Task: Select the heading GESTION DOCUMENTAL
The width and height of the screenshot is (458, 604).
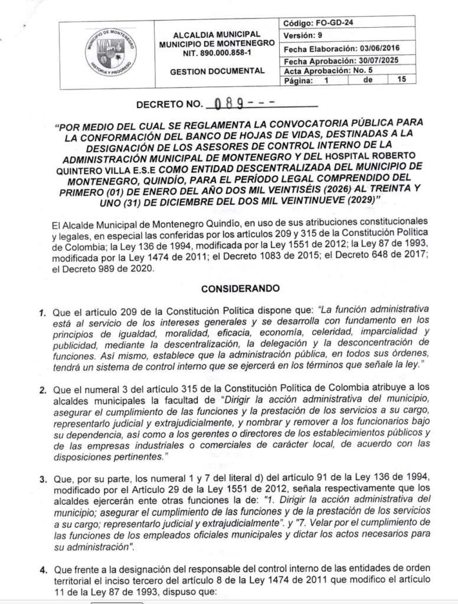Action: click(x=217, y=71)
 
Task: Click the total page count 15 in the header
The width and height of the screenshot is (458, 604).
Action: click(x=403, y=80)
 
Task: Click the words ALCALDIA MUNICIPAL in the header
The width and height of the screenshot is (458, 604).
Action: click(x=217, y=34)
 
